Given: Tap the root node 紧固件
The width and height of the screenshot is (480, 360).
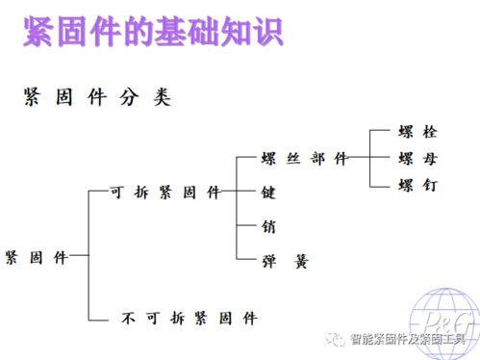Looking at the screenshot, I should coord(37,257).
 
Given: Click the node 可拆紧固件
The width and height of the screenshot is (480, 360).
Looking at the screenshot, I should coord(166,193).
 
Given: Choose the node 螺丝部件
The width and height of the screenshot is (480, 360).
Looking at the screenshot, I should coord(304,159).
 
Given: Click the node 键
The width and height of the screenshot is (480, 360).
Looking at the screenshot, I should coord(268,193).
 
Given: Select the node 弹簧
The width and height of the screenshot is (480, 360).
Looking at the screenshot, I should coord(284,260).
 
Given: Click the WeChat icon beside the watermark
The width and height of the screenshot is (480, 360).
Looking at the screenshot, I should coord(336,339).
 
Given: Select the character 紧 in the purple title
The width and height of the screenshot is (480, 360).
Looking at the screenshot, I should coord(40,35).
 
